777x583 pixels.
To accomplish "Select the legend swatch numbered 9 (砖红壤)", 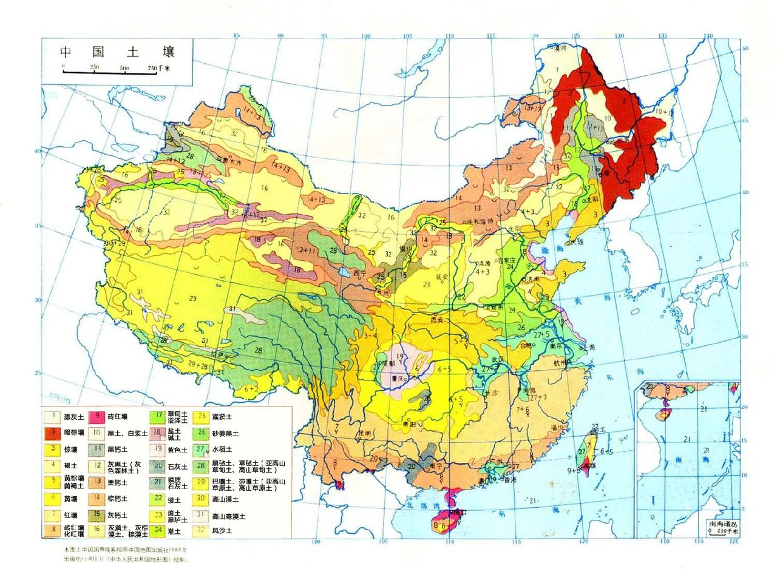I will tap(97, 417).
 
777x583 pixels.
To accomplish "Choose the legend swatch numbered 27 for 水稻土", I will tap(202, 450).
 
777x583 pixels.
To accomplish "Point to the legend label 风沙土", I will tap(222, 531).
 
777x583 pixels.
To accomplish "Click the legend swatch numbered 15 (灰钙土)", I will tap(97, 515).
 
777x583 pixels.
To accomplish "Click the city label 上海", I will tap(587, 348).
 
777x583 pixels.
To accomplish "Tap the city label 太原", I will tap(484, 263).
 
